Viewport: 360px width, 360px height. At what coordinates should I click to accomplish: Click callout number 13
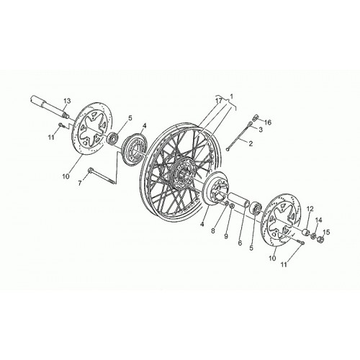67,101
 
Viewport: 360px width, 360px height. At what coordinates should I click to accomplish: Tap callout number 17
219,101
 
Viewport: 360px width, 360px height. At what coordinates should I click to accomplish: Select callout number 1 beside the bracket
231,96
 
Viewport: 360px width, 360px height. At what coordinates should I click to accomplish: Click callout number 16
268,122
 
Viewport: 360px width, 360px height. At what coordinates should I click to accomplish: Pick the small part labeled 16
256,117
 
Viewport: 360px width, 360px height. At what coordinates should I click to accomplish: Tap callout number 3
261,130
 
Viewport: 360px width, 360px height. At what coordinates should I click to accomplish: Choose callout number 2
251,144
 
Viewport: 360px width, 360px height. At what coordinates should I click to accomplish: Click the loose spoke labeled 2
238,137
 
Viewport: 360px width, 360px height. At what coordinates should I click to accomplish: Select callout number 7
80,184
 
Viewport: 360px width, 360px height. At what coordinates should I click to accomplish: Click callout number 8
212,231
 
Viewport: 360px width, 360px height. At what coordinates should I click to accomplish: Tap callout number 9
226,236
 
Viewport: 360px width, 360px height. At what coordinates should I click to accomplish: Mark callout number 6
240,243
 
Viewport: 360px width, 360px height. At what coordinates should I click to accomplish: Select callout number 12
310,209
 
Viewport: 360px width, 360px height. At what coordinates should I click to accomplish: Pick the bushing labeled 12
305,233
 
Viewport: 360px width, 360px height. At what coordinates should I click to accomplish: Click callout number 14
318,220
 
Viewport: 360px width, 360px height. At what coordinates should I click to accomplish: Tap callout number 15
326,232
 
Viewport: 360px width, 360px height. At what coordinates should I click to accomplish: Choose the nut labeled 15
320,239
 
